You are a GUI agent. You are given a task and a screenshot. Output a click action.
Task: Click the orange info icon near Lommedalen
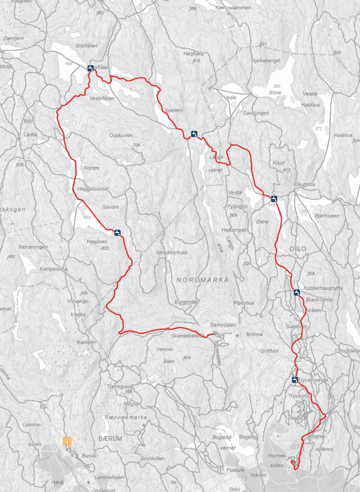(67, 441)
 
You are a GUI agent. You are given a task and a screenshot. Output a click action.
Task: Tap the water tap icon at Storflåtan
(91, 68)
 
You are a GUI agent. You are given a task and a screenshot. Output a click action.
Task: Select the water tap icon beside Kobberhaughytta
(296, 292)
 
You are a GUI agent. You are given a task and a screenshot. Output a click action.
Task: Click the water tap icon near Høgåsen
(117, 232)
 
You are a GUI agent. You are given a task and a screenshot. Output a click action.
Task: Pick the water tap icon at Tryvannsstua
(295, 380)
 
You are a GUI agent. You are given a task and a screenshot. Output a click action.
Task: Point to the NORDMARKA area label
(203, 280)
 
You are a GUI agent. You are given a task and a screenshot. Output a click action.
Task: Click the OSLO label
(298, 249)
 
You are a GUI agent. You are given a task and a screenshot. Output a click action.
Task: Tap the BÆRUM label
(110, 438)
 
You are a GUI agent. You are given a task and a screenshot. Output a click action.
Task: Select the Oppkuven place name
(121, 135)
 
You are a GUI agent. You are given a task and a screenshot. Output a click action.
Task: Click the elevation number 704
(137, 145)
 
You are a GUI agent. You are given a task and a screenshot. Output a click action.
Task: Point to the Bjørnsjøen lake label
(327, 215)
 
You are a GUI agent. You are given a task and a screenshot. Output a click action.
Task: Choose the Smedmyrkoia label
(171, 253)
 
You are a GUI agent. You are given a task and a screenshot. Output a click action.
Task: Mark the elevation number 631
(263, 44)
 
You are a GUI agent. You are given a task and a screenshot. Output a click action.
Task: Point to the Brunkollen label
(153, 458)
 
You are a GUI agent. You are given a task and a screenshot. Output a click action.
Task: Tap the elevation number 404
(187, 357)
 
